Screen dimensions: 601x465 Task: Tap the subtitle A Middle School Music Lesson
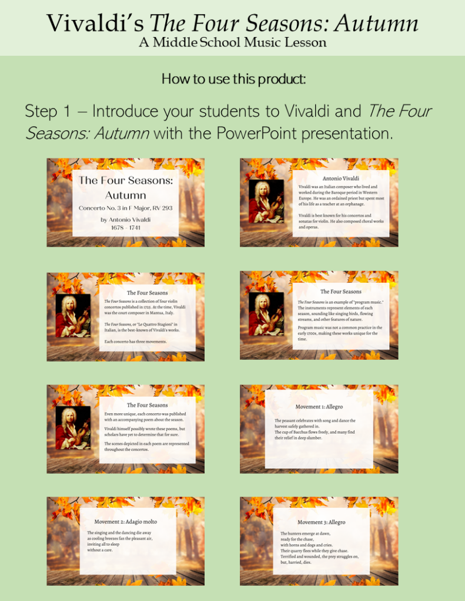click(x=233, y=42)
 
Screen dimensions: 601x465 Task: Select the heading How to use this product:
click(x=233, y=79)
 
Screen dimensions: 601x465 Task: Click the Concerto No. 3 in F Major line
click(x=125, y=208)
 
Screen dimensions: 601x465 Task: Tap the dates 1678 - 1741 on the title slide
click(x=125, y=228)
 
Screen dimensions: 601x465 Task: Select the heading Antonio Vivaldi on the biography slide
click(x=341, y=178)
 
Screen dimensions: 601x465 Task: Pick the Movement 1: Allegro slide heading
click(x=319, y=406)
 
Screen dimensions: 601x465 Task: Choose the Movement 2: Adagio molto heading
click(x=126, y=521)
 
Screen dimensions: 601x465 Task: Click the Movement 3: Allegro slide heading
click(x=321, y=522)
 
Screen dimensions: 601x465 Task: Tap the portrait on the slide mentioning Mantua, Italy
click(x=73, y=316)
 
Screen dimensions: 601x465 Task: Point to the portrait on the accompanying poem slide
click(x=73, y=428)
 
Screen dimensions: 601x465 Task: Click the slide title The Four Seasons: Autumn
click(x=125, y=187)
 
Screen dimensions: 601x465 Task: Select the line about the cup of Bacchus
click(x=315, y=432)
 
